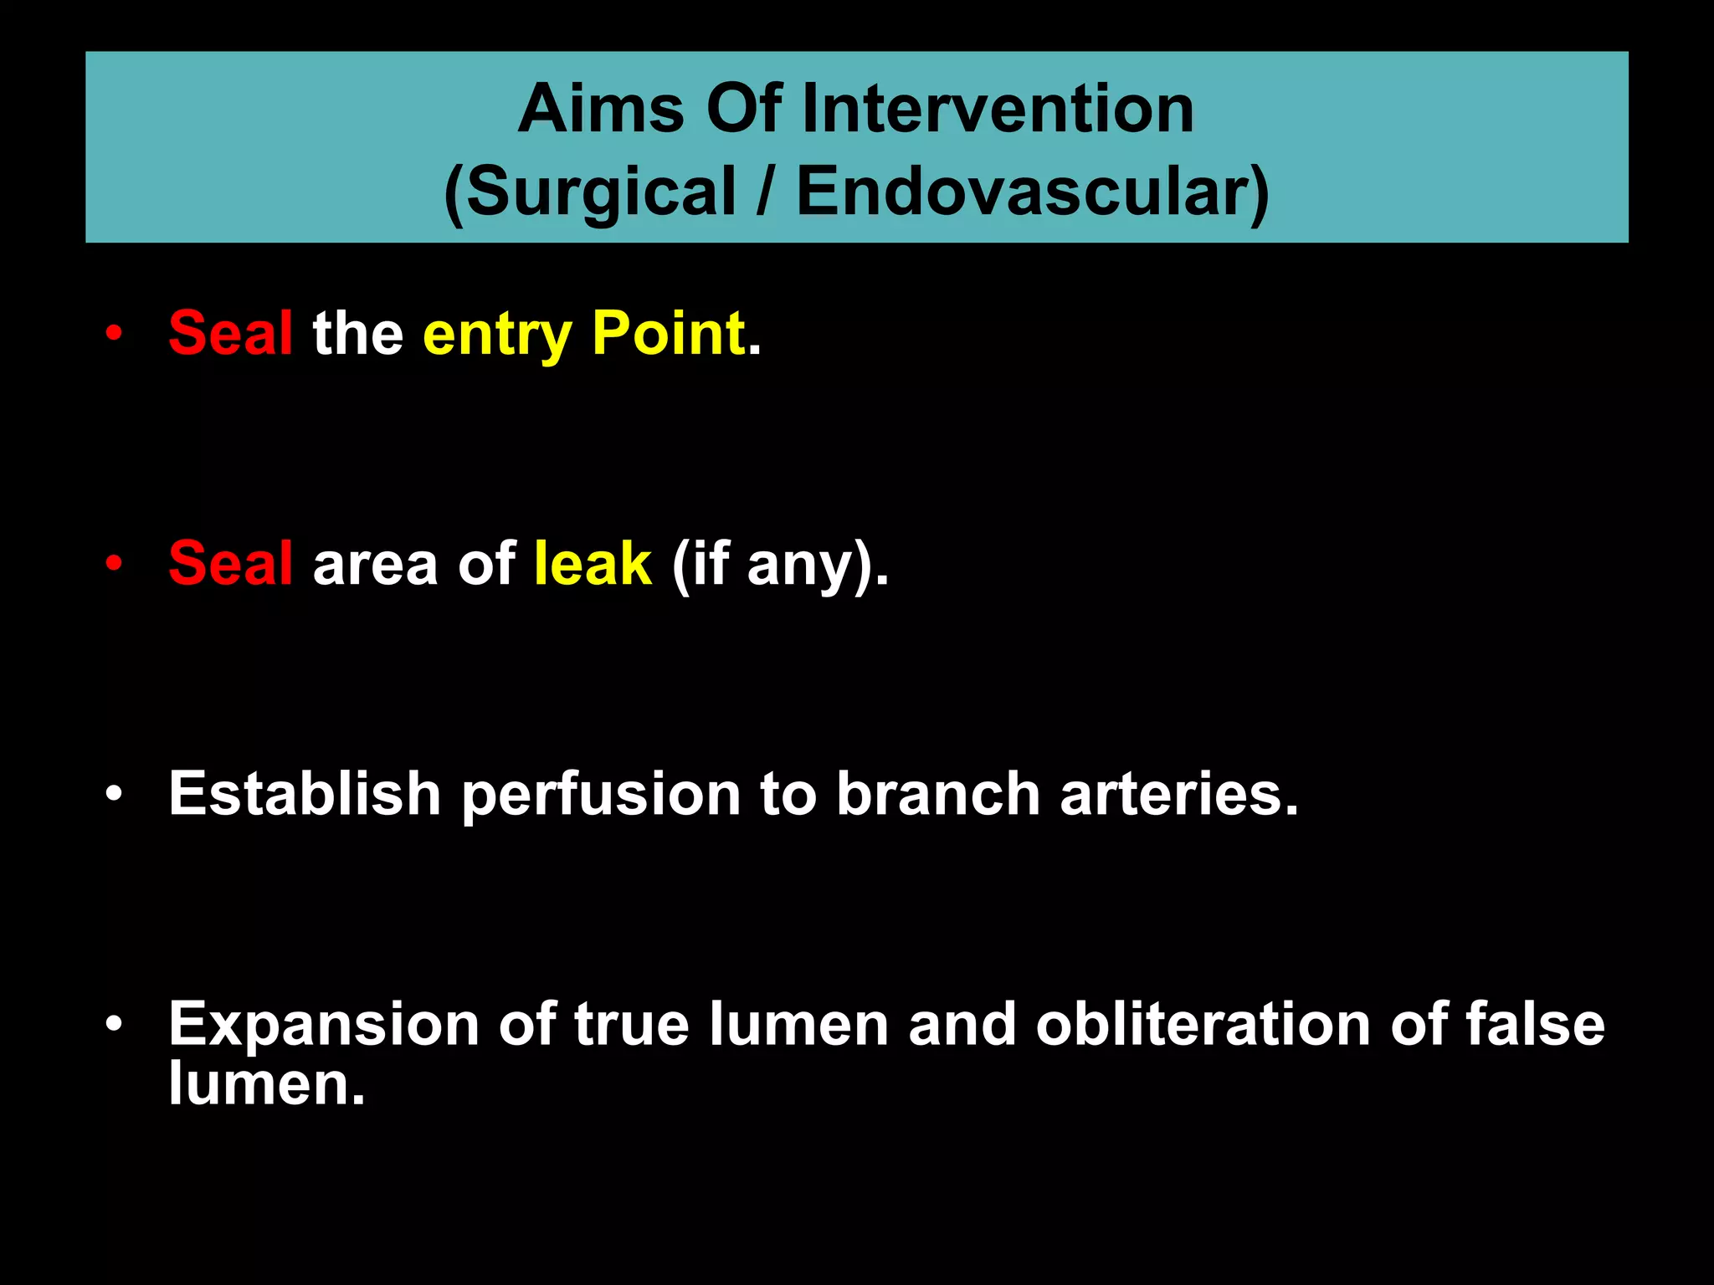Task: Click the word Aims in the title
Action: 601,110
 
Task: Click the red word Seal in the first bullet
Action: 230,333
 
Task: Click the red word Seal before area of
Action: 230,563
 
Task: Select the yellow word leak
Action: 593,563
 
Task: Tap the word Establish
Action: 304,793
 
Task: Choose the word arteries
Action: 1178,793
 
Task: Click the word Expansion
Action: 323,1024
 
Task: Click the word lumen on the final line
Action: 266,1084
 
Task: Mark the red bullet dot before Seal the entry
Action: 115,334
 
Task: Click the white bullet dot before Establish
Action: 115,794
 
